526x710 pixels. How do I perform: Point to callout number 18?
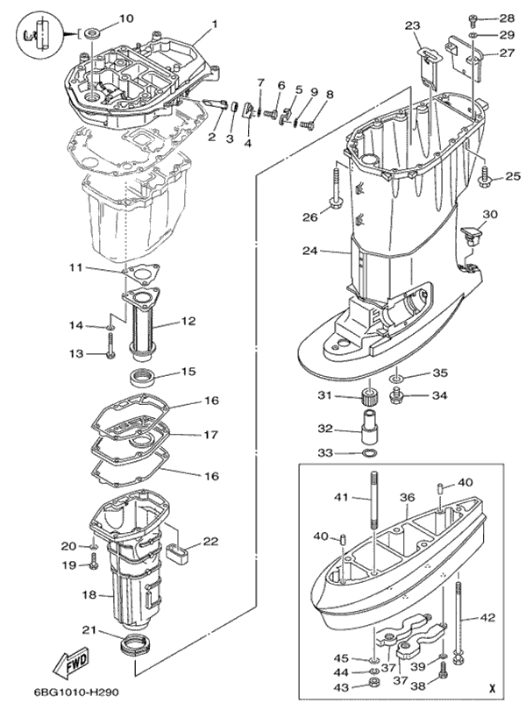tap(88, 596)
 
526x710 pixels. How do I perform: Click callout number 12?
tap(187, 322)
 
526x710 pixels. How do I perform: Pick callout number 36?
tap(407, 497)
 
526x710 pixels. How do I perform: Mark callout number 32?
tap(324, 430)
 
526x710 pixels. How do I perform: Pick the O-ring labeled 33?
tap(370, 453)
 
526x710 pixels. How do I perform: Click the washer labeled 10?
tap(93, 33)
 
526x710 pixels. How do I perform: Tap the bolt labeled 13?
tap(111, 353)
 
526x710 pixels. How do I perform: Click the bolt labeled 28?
tap(473, 18)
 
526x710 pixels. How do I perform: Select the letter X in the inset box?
tap(494, 689)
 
